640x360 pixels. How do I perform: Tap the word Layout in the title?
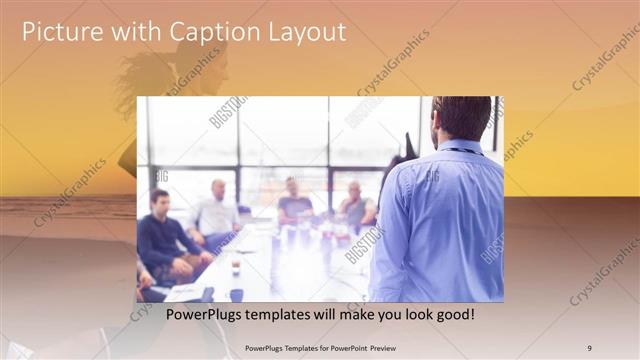coord(301,32)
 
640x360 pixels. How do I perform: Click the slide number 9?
coord(589,347)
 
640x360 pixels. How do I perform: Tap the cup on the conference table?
coord(235,267)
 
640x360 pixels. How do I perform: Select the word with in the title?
coord(130,32)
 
